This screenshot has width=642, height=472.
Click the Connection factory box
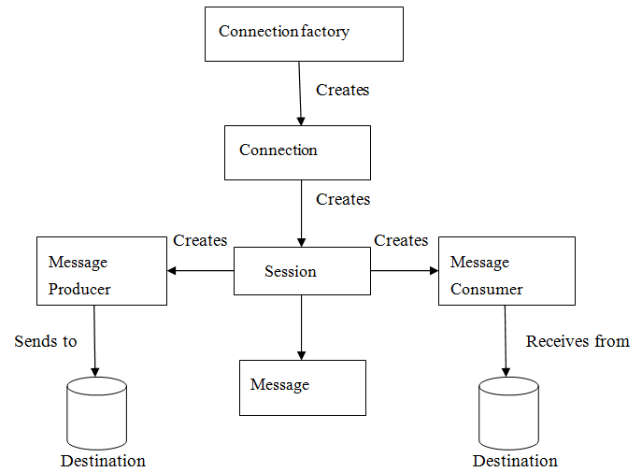coord(304,34)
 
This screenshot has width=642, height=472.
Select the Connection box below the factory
coord(297,152)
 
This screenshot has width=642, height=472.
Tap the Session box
coord(302,271)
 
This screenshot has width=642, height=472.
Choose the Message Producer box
coord(102,271)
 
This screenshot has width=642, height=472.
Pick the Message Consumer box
coord(506,271)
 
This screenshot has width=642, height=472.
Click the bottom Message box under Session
coord(303,388)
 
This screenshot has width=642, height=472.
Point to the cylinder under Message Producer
coord(96,413)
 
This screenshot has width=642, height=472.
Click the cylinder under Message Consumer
coord(508,413)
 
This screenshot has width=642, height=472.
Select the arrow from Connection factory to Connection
coord(300,93)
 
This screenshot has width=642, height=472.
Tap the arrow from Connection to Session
coord(301,213)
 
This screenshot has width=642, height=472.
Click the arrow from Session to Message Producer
coord(201,271)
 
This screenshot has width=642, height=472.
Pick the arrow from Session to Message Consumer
coord(405,271)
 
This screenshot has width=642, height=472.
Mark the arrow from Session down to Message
coord(301,327)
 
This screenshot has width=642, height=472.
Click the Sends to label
coord(46,341)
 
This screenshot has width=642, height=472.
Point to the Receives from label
coord(578,341)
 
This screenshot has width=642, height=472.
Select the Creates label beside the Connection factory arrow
coord(343,90)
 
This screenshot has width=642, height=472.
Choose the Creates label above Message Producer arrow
coord(200,240)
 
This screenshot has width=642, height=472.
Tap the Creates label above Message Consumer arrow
coord(401,240)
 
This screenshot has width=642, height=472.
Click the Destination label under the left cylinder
coord(103,461)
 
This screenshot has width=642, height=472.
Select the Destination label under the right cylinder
coord(515,461)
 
